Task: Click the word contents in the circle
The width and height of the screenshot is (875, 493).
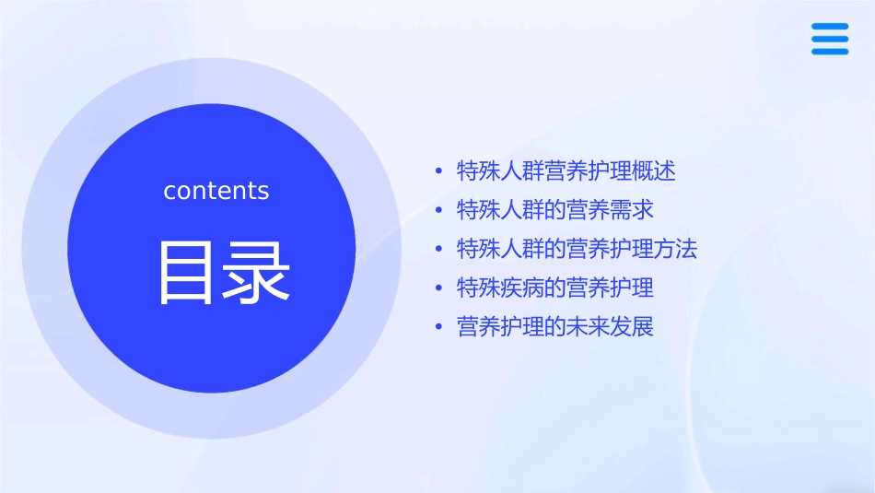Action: click(x=216, y=191)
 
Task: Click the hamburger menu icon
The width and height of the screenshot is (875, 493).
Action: click(x=829, y=39)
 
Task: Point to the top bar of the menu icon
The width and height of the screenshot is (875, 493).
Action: click(x=829, y=27)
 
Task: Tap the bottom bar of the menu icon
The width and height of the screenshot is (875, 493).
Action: click(x=829, y=51)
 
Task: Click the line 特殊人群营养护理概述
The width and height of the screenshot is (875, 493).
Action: click(x=566, y=170)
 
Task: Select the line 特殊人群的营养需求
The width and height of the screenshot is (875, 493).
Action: click(x=554, y=210)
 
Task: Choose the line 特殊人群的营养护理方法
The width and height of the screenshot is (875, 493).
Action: click(x=577, y=249)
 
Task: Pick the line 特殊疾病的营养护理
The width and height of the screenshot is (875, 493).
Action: click(x=554, y=288)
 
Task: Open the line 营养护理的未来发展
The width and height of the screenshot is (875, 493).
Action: click(x=554, y=327)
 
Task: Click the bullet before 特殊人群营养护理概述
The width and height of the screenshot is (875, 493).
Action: click(x=437, y=171)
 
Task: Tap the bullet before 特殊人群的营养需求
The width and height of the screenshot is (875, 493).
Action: click(x=437, y=210)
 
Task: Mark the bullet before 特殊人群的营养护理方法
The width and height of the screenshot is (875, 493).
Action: click(x=437, y=249)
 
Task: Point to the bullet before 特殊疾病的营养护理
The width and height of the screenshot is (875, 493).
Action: click(x=437, y=288)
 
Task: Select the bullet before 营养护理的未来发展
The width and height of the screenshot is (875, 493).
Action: click(x=437, y=327)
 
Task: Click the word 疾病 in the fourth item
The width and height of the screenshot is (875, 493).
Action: click(x=523, y=288)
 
